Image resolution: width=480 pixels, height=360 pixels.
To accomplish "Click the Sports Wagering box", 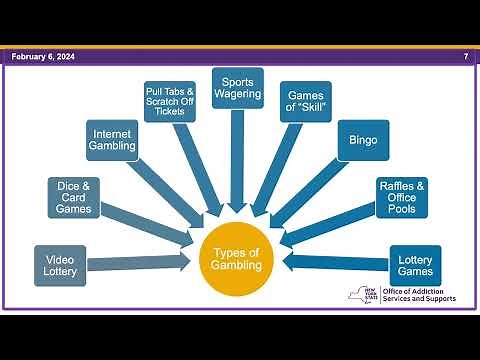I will pos(238,87).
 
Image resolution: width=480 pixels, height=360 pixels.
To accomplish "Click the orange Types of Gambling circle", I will pos(237,258).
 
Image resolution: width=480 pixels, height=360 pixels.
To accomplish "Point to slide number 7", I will pos(465,58).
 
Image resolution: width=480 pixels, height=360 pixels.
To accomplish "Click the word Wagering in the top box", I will pos(238,94).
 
